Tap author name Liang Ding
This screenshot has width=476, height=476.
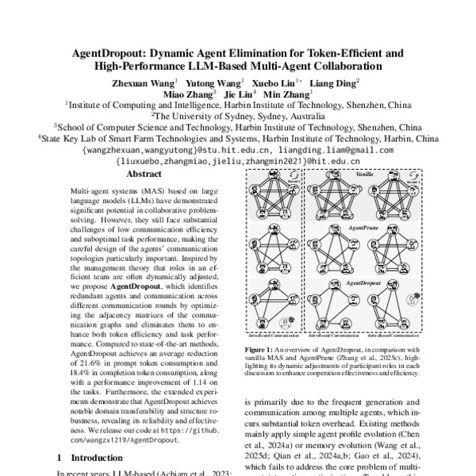pyautogui.click(x=336, y=83)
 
